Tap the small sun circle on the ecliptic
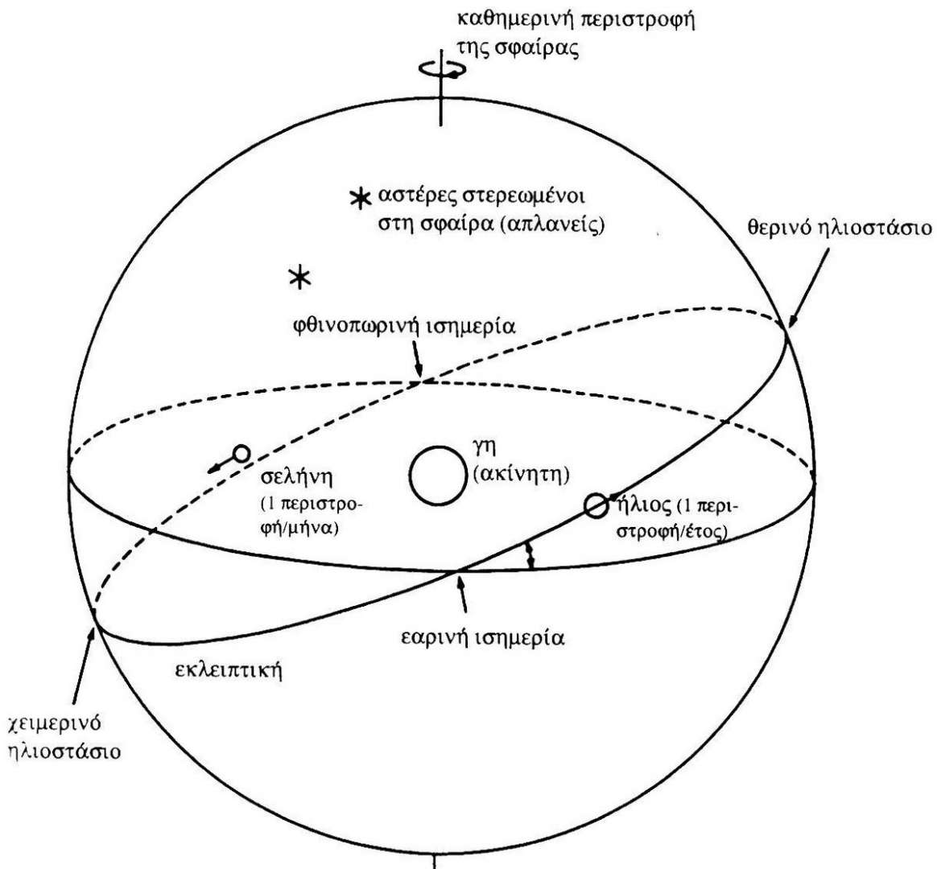point(596,505)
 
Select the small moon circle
point(240,454)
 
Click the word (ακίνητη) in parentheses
point(520,475)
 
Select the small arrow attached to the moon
point(220,464)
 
